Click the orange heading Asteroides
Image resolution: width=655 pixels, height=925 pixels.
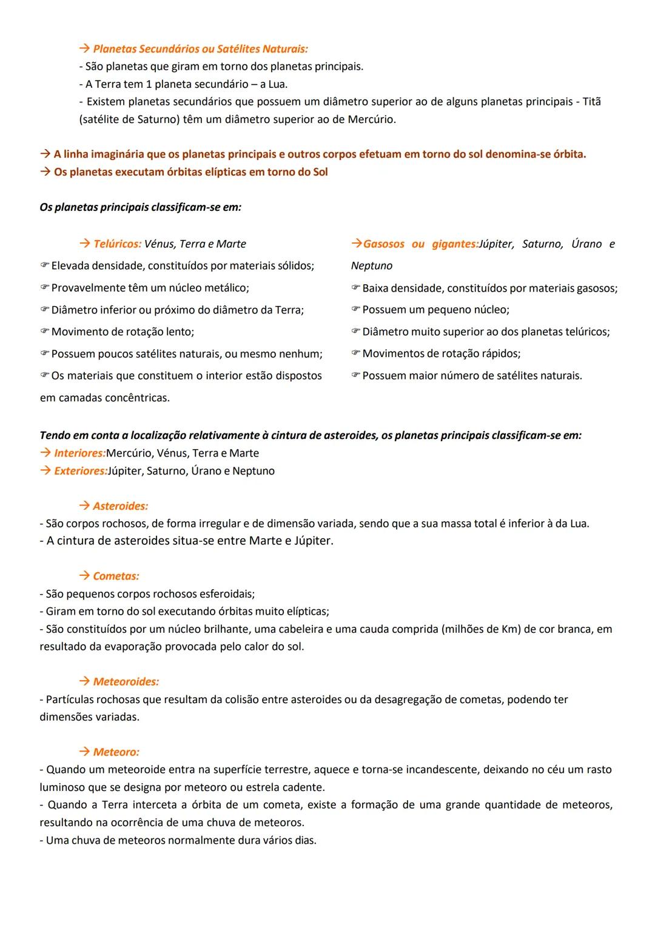[120, 506]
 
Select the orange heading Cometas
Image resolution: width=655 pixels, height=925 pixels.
[116, 576]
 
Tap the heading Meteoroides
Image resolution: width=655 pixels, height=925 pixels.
[126, 682]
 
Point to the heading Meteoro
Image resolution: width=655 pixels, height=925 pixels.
[116, 752]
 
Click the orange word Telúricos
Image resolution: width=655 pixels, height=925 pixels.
[117, 244]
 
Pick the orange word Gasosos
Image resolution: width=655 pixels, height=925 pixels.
[383, 244]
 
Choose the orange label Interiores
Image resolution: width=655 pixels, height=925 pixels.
[79, 453]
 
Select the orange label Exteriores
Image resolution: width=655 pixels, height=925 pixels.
[79, 471]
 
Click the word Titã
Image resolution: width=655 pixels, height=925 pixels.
[591, 102]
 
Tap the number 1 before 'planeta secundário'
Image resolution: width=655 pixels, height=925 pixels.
[149, 84]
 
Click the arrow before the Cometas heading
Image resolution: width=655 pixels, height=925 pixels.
[84, 576]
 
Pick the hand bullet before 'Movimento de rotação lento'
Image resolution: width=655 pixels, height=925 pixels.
[44, 332]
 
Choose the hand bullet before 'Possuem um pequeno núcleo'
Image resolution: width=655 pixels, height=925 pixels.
[355, 310]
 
